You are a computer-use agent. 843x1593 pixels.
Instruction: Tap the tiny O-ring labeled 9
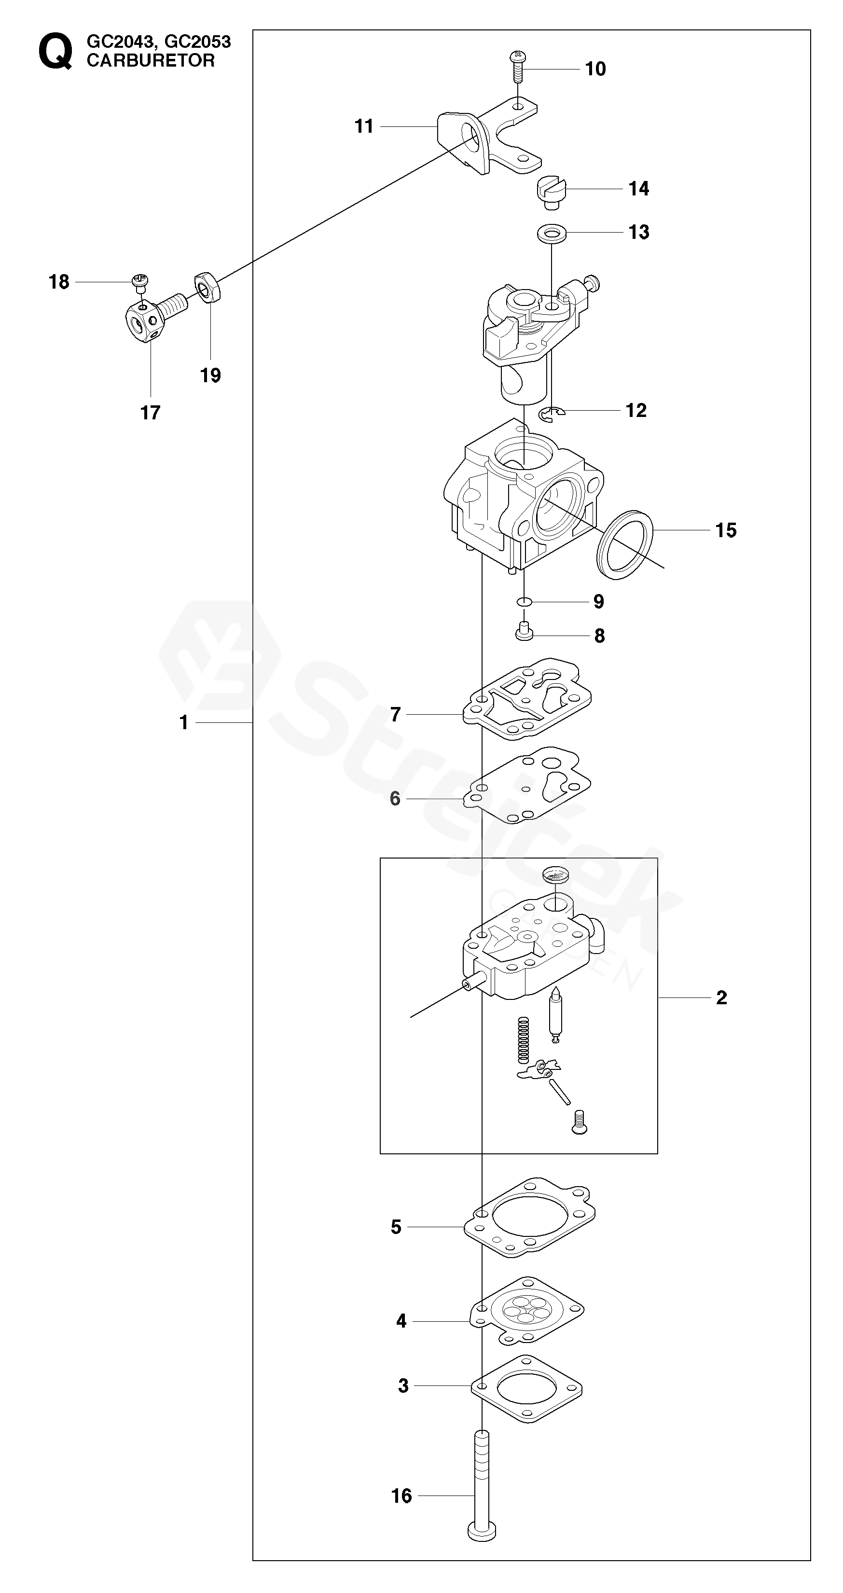tap(524, 602)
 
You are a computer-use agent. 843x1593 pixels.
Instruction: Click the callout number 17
tap(150, 413)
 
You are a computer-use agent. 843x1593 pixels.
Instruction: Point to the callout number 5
tap(396, 1227)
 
